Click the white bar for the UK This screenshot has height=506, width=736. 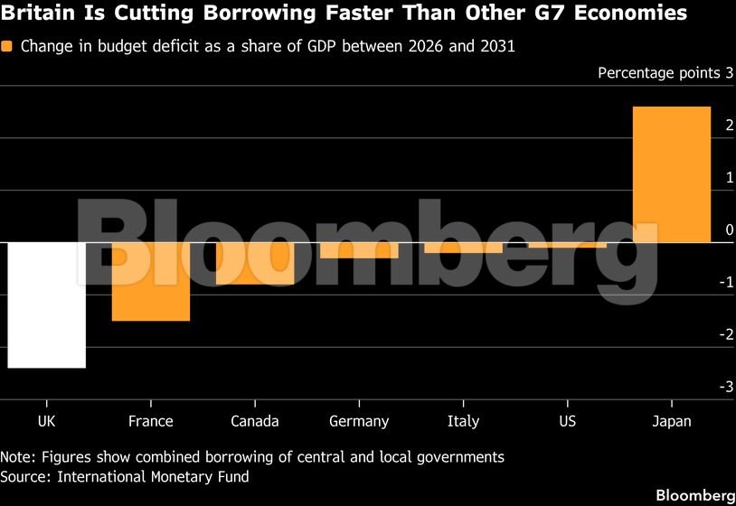point(47,305)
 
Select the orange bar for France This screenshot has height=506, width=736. point(151,282)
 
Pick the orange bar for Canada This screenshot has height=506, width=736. point(255,264)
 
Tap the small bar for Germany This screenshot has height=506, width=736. point(359,250)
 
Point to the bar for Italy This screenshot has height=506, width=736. point(463,248)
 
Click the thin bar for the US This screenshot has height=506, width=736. point(568,245)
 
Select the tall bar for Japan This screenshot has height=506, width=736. point(672,174)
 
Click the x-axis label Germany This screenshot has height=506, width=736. point(359,421)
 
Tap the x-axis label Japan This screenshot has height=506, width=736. point(672,421)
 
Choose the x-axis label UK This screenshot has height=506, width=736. point(46,421)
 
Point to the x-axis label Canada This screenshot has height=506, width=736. point(255,421)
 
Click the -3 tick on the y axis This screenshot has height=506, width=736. point(726,387)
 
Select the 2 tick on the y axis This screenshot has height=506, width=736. point(730,126)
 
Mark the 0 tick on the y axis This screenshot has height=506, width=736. point(730,230)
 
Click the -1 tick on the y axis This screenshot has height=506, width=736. point(726,282)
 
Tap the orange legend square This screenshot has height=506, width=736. point(6,46)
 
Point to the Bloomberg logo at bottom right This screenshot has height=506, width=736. point(695,495)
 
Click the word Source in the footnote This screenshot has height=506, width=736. point(25,477)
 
